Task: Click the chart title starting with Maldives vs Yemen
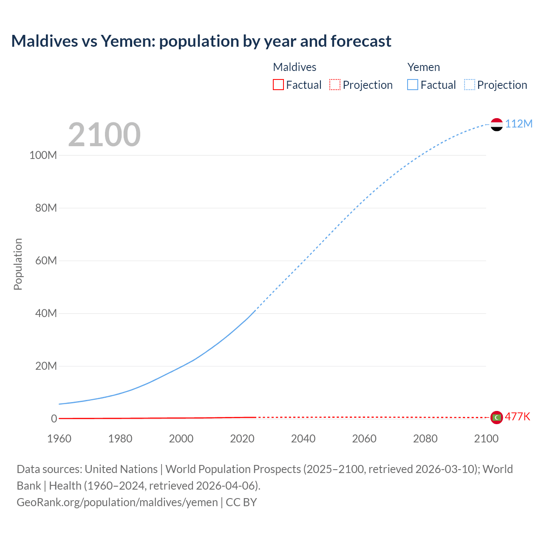tap(201, 41)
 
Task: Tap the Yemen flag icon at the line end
tap(496, 125)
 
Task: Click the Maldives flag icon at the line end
tap(496, 418)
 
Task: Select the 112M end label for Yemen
tap(518, 124)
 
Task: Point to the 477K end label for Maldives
tap(517, 416)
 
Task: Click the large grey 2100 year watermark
tap(104, 135)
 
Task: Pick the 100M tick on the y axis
tap(43, 155)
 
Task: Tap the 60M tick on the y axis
tap(46, 261)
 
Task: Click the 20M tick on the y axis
tap(46, 366)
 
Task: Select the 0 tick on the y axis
tap(54, 419)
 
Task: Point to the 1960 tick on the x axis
tap(59, 439)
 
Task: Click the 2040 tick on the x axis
tap(303, 439)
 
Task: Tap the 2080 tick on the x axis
tap(425, 439)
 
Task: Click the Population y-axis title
tap(18, 264)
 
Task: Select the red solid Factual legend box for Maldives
tap(278, 85)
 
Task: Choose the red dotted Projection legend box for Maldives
tap(335, 85)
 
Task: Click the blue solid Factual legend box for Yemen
tap(413, 85)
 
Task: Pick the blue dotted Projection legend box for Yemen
tap(469, 85)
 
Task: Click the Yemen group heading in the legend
tap(423, 67)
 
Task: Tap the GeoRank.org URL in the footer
tap(117, 502)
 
